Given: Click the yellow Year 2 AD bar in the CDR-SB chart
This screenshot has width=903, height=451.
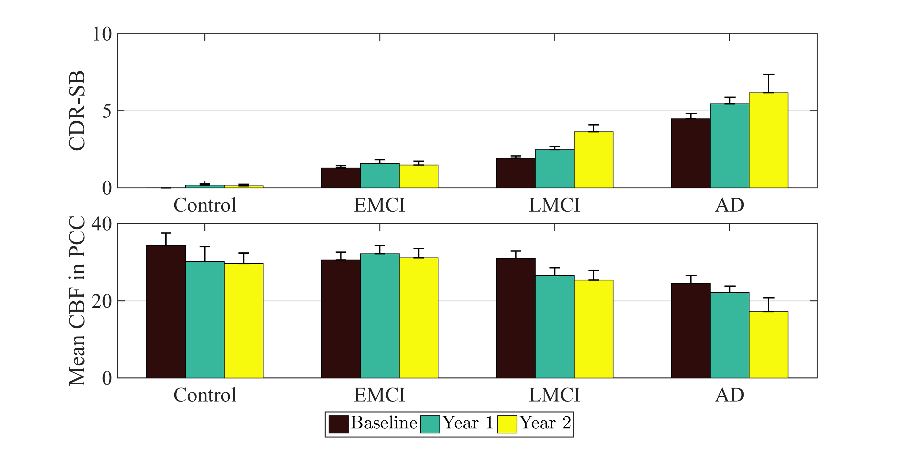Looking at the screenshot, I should pyautogui.click(x=768, y=140).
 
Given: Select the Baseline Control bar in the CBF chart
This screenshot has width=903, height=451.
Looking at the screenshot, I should pyautogui.click(x=166, y=311).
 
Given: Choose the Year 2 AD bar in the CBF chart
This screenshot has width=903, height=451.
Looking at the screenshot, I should pyautogui.click(x=768, y=345).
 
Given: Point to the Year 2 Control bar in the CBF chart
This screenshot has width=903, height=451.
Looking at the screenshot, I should pyautogui.click(x=244, y=321).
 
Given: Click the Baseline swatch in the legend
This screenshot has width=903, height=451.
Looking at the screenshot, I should pyautogui.click(x=338, y=424).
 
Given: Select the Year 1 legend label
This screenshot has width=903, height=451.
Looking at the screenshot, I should pyautogui.click(x=468, y=423).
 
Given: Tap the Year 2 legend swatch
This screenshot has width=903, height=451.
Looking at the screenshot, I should pyautogui.click(x=507, y=424).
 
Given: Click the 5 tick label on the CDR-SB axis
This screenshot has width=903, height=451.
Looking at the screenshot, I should pyautogui.click(x=107, y=111).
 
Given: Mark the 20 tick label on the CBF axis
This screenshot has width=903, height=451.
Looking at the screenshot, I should pyautogui.click(x=102, y=301).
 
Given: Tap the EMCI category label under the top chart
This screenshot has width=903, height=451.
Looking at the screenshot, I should pyautogui.click(x=380, y=205).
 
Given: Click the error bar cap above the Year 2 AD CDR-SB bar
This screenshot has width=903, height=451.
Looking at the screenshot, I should pyautogui.click(x=768, y=75).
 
